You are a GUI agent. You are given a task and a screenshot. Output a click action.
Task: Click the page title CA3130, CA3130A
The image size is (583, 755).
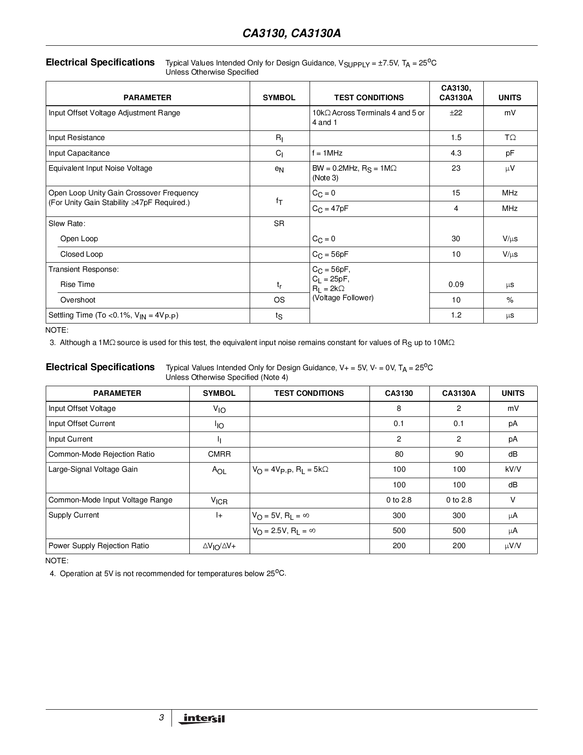click(x=291, y=34)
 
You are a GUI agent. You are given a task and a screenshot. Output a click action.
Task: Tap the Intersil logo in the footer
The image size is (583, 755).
click(x=203, y=718)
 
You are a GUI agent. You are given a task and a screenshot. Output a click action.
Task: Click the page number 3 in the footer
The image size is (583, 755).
click(x=161, y=717)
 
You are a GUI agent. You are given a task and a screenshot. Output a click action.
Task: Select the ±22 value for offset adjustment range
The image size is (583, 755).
click(x=456, y=113)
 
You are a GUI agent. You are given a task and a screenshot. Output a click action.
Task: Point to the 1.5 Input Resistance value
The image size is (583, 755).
click(x=456, y=138)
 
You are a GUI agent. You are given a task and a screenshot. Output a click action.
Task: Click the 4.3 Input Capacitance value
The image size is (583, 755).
click(x=456, y=153)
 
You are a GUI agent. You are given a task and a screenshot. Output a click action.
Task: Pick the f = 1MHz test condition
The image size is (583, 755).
click(x=327, y=153)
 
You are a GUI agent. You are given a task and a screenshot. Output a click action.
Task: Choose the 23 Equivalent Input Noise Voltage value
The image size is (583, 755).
click(x=456, y=168)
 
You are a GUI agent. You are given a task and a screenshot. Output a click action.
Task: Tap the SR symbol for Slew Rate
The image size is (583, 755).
click(x=279, y=224)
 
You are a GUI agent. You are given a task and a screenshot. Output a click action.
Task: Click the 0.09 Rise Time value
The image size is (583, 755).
click(x=456, y=285)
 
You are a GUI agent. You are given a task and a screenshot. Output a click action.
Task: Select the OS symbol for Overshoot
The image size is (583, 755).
click(x=279, y=300)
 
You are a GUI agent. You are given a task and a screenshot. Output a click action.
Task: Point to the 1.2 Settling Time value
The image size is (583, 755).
click(x=456, y=315)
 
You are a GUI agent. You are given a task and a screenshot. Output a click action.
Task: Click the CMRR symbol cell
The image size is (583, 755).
click(x=219, y=454)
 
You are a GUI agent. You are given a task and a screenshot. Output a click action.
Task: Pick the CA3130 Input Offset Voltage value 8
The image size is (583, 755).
click(x=399, y=409)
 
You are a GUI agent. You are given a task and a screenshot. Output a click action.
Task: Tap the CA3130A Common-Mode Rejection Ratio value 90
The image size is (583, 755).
click(x=459, y=454)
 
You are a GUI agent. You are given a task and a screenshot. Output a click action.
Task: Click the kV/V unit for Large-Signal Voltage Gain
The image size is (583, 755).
click(x=513, y=469)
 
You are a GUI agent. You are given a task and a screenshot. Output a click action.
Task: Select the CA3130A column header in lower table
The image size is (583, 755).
click(x=459, y=394)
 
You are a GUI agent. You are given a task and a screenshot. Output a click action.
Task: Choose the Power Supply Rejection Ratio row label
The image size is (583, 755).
click(x=99, y=546)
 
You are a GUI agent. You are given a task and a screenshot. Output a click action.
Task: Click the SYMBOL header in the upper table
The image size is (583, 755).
click(x=279, y=97)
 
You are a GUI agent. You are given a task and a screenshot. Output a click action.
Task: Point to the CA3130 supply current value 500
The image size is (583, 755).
click(x=399, y=531)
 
